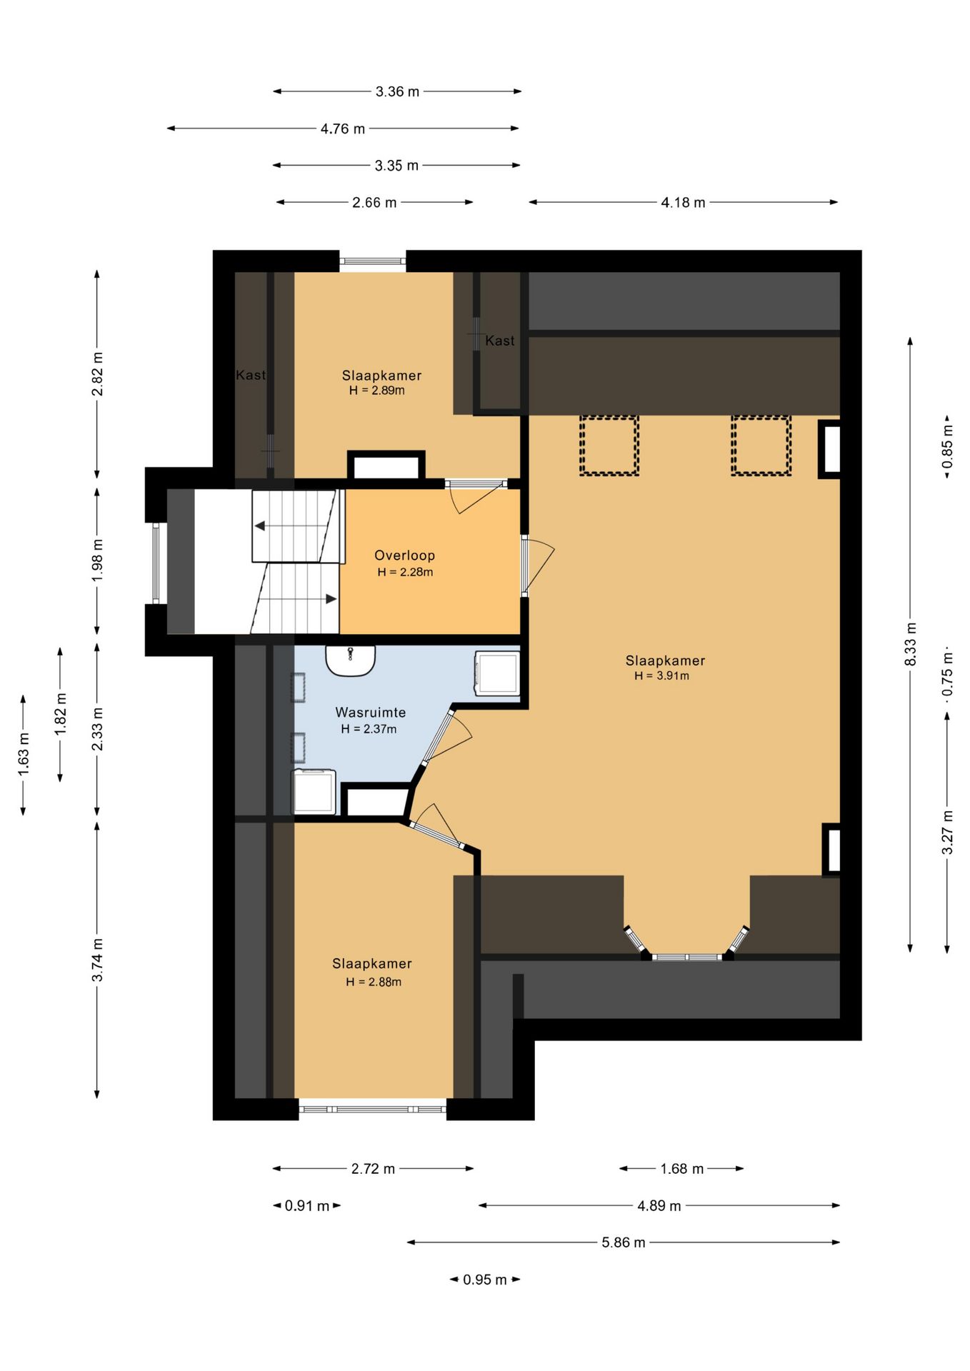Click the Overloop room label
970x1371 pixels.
[x=404, y=555]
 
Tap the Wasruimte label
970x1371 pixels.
[x=370, y=712]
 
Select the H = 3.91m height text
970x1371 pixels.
[x=661, y=676]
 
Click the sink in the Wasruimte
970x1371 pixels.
[x=351, y=659]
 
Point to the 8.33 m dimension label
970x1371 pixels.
[x=910, y=644]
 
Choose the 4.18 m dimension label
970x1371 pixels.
[x=683, y=202]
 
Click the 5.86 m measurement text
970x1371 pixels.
[x=623, y=1242]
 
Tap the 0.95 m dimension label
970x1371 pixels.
[x=484, y=1279]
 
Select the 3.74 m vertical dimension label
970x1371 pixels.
[x=97, y=960]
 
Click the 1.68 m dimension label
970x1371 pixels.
[x=681, y=1168]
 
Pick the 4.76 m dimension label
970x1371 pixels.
[x=342, y=129]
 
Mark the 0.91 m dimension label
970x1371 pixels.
[x=306, y=1205]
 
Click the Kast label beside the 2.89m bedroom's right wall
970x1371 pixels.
[x=499, y=341]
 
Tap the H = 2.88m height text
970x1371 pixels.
[x=374, y=982]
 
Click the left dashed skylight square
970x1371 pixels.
[x=609, y=445]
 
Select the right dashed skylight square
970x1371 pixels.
[x=761, y=445]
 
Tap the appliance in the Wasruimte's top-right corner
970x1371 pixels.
[x=497, y=673]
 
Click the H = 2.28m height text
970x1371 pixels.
[x=405, y=572]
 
